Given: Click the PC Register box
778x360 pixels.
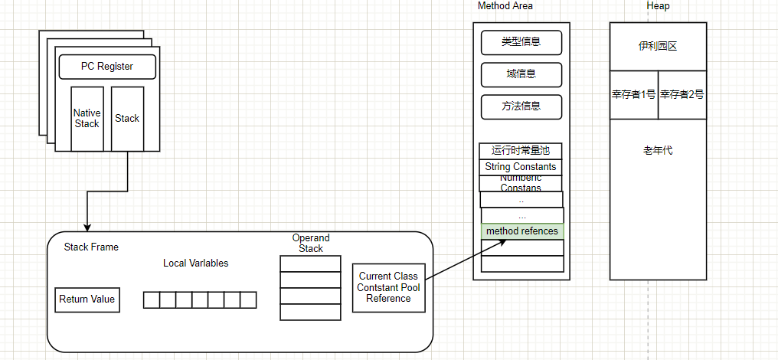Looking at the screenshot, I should [107, 67].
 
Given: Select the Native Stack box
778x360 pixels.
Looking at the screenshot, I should [87, 119].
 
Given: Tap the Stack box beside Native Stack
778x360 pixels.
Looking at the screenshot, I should [127, 119].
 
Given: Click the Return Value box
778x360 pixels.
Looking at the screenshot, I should [87, 299].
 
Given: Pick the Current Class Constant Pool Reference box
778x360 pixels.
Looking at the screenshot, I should [388, 287].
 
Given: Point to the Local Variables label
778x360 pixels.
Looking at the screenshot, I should [195, 263].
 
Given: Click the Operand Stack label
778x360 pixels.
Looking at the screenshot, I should [311, 244].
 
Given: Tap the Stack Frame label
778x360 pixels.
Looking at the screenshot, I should [91, 247].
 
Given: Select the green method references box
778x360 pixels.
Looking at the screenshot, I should [521, 231].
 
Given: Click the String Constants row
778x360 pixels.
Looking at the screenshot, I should [521, 167].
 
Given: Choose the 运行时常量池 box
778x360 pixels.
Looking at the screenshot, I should [521, 151].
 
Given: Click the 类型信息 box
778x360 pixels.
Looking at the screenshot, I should [521, 43].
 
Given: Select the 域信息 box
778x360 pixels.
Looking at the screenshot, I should [521, 74].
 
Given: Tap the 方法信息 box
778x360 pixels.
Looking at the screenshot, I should [521, 106].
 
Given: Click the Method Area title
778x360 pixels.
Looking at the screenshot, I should [505, 6].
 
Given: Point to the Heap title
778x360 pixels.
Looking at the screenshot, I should [658, 6].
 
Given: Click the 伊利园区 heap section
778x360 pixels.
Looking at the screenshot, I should [658, 46].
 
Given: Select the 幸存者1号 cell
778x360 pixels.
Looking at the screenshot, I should [633, 95].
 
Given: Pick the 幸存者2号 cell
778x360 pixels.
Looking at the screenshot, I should [682, 95].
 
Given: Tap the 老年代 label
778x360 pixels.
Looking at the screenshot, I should [658, 151].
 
